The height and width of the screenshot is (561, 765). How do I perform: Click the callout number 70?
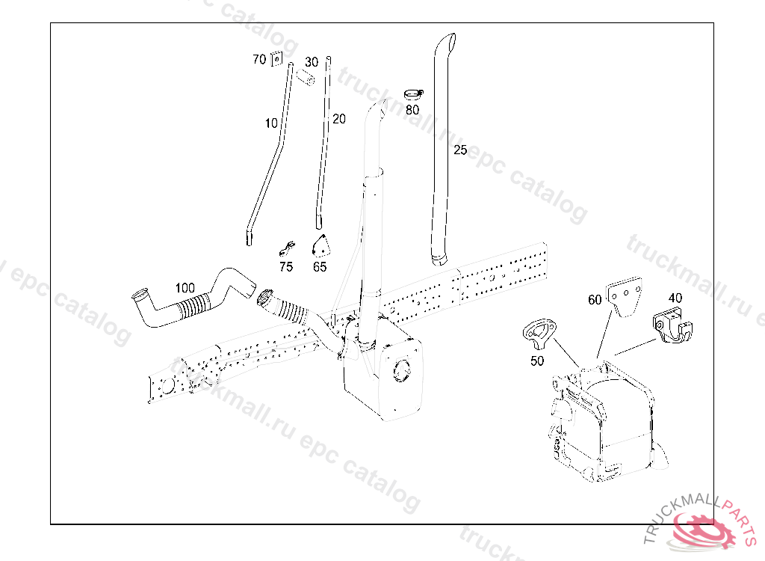259,59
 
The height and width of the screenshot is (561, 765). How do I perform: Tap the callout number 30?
312,61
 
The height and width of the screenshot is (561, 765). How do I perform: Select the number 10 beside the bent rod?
270,123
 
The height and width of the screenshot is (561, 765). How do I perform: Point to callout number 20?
339,119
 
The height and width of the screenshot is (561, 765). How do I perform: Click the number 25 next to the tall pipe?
460,150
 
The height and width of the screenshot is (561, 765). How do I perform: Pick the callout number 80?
412,109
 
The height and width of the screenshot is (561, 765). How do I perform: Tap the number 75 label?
286,266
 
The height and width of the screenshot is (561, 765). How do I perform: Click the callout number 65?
320,266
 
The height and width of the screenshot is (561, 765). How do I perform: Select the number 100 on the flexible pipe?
185,287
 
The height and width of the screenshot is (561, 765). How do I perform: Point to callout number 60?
595,300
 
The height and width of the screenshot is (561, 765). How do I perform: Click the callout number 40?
675,298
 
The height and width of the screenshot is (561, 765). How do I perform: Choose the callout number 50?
537,361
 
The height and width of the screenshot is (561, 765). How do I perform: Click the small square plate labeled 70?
275,58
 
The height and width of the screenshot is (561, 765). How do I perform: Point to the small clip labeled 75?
288,248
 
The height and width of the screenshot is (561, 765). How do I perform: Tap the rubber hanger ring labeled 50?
540,331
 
